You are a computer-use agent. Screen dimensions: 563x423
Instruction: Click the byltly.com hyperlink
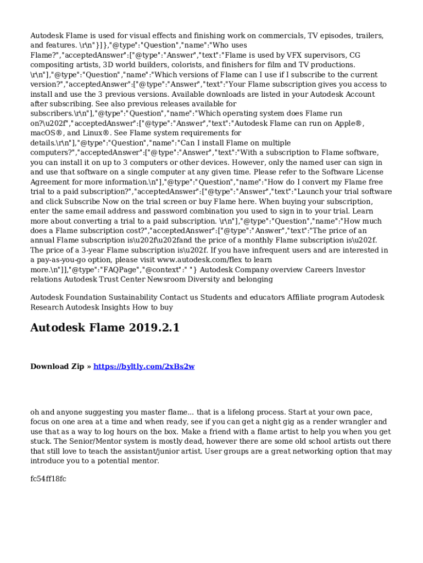(144, 367)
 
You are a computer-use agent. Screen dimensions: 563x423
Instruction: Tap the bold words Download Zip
(57, 367)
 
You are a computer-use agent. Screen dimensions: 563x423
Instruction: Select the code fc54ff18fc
(48, 479)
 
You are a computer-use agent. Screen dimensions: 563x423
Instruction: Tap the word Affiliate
(304, 297)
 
